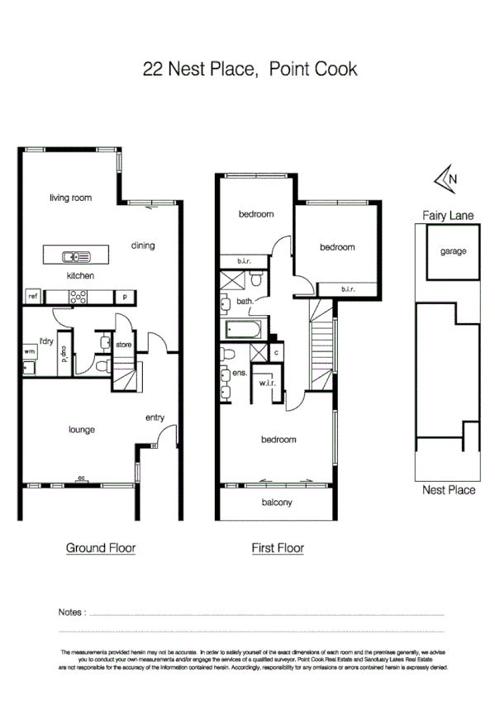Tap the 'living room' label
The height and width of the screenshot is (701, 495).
[70, 198]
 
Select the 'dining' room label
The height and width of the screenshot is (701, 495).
[143, 245]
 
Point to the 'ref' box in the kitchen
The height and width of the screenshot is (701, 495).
[34, 296]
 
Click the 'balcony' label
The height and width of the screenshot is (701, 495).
[277, 502]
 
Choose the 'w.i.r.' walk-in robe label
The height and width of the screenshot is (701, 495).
[266, 383]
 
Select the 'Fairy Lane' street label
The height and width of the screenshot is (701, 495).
[448, 215]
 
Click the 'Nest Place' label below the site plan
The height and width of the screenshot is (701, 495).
[448, 490]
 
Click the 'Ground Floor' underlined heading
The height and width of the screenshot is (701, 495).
[100, 547]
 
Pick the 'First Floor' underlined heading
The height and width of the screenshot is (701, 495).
[277, 547]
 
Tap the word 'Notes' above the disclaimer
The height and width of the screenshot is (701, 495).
[72, 613]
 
